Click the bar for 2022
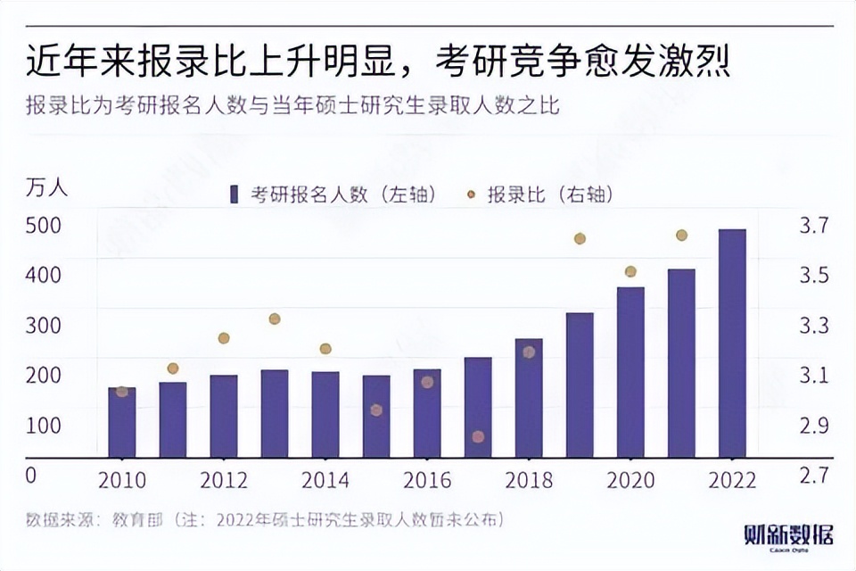click(x=732, y=343)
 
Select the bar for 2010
click(x=122, y=423)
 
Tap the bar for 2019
click(x=580, y=385)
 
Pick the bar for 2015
click(x=376, y=417)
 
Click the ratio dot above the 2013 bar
click(x=275, y=319)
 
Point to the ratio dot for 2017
click(x=478, y=436)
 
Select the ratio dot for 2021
click(x=681, y=236)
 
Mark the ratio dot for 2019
click(x=580, y=238)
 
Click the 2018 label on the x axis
click(x=529, y=480)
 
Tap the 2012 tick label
click(x=224, y=480)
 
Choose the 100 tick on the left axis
click(x=43, y=425)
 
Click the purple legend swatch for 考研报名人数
click(x=235, y=194)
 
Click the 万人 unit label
click(x=46, y=188)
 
